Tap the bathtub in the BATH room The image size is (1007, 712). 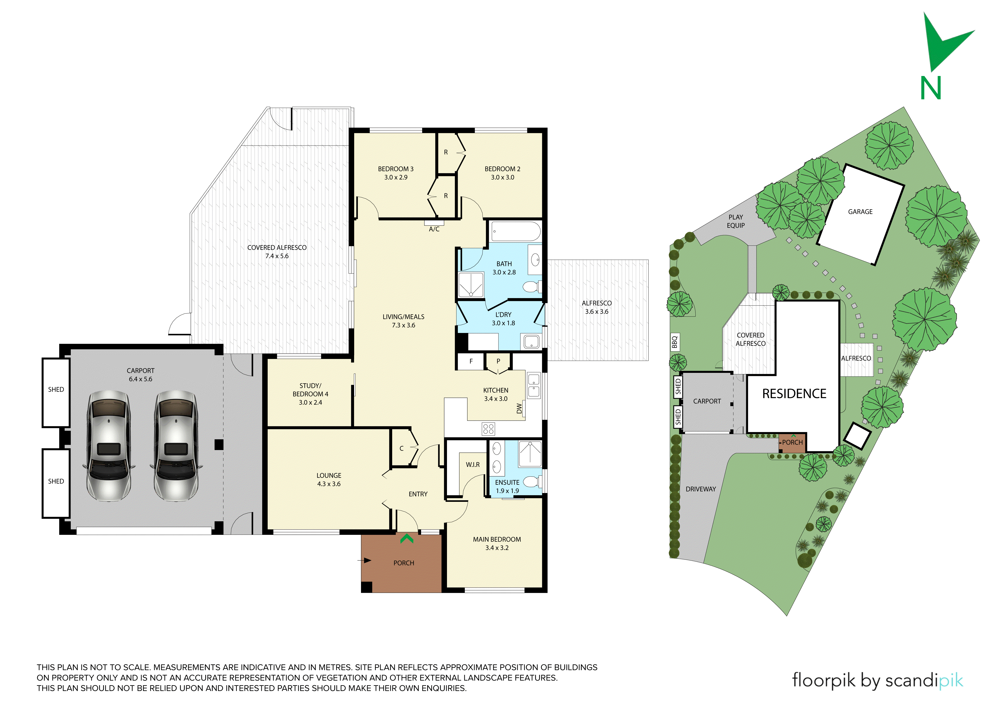(x=515, y=231)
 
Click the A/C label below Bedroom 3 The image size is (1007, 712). (x=434, y=229)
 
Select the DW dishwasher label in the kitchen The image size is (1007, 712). (x=519, y=408)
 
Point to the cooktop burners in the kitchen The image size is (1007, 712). (x=488, y=429)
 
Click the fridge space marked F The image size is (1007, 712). (x=471, y=361)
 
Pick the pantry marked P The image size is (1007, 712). (x=498, y=361)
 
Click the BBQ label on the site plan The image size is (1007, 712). (x=675, y=342)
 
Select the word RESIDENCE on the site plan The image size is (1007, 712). (x=794, y=394)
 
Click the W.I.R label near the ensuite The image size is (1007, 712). (x=473, y=465)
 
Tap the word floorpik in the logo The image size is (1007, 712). (x=824, y=680)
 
